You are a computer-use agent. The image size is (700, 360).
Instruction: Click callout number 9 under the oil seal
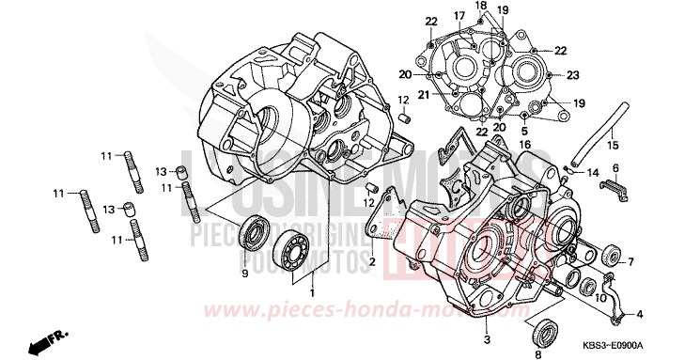(x=243, y=274)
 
